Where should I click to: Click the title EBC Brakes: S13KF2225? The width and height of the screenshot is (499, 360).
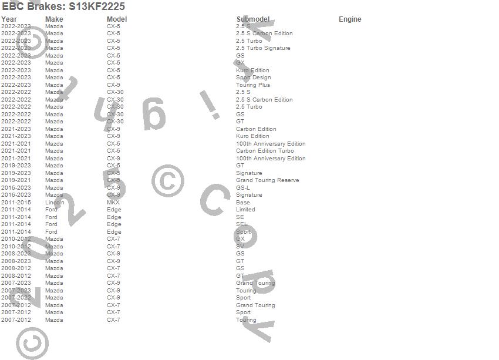tap(63, 6)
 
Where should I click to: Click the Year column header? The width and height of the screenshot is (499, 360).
tap(9, 19)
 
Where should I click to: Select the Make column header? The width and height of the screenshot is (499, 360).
tap(54, 19)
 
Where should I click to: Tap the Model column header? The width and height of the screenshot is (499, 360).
tap(117, 19)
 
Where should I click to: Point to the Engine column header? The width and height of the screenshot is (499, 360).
tap(350, 19)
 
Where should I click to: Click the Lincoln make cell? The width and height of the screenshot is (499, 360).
tap(55, 203)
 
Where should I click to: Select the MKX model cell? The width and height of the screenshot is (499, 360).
tap(113, 203)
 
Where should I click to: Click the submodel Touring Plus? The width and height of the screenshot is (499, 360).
tap(253, 85)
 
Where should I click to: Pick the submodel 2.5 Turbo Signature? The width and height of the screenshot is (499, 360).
tap(263, 48)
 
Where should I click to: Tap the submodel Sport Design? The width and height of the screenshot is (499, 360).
tap(253, 78)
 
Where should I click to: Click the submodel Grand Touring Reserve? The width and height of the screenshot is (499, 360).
tap(267, 180)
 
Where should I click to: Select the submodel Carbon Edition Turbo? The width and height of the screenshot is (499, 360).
tap(265, 151)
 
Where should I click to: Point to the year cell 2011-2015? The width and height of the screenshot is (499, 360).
tap(16, 203)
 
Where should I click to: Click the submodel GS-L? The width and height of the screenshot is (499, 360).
tap(243, 188)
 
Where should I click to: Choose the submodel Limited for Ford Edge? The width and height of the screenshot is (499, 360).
tap(245, 210)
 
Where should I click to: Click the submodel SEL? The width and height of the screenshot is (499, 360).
tap(241, 224)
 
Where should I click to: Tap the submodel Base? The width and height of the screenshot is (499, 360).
tap(242, 203)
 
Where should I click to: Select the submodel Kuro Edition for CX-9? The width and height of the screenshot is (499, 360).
tap(252, 136)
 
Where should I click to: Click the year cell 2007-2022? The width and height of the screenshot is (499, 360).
tap(16, 298)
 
